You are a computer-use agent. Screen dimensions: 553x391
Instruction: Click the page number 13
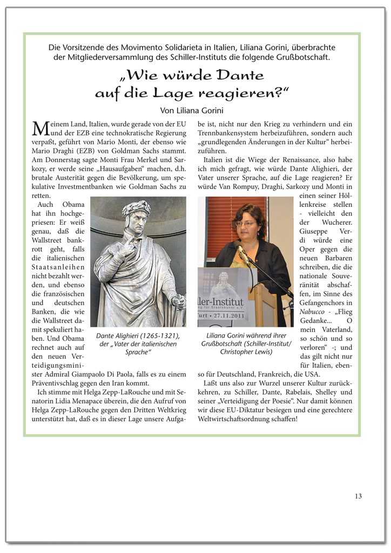tap(359, 496)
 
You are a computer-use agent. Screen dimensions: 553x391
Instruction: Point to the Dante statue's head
tap(136, 215)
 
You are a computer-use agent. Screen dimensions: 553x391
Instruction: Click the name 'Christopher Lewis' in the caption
tap(246, 352)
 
